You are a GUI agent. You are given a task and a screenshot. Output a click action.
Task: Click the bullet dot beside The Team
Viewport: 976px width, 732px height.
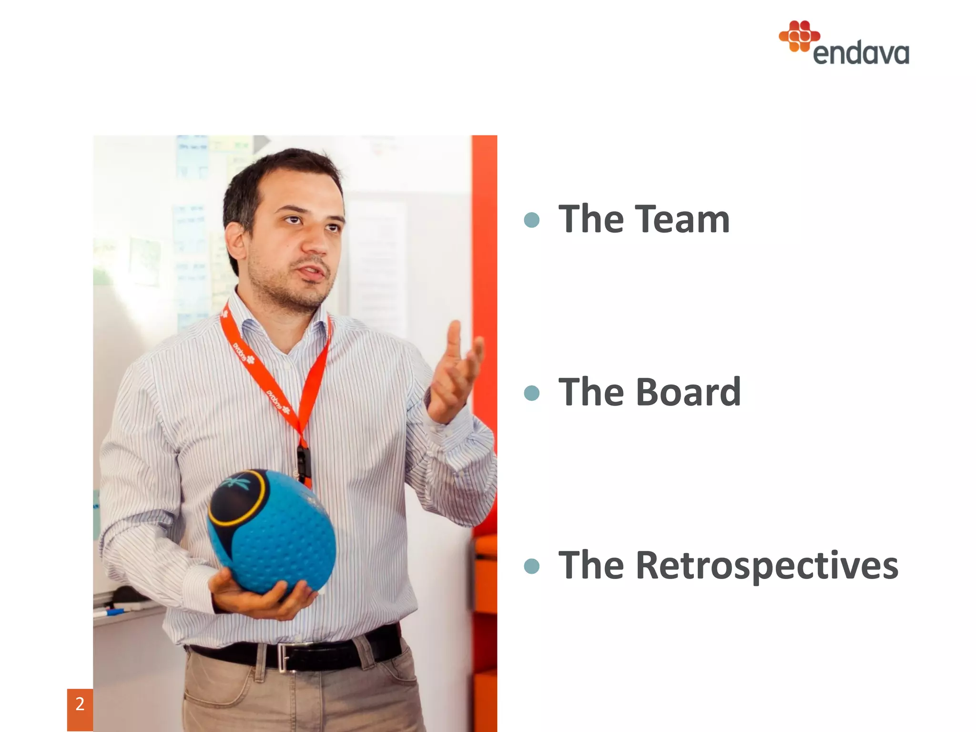(x=531, y=220)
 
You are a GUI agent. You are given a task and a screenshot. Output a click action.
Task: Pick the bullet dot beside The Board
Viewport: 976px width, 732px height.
(x=531, y=393)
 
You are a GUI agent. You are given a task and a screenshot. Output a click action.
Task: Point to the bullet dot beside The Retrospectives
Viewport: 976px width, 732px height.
(x=531, y=566)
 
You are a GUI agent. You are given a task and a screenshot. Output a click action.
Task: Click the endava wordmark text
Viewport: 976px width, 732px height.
(x=861, y=53)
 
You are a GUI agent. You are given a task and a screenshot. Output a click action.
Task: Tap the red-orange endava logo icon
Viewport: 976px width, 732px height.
(x=799, y=36)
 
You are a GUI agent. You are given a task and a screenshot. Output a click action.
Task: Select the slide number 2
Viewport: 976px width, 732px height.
(x=80, y=704)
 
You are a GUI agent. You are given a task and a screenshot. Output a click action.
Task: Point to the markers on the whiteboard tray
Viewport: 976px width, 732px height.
(x=117, y=609)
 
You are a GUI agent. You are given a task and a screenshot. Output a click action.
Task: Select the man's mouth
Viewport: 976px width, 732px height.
(x=313, y=273)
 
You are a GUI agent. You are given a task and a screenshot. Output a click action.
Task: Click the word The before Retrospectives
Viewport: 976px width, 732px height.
(x=591, y=566)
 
